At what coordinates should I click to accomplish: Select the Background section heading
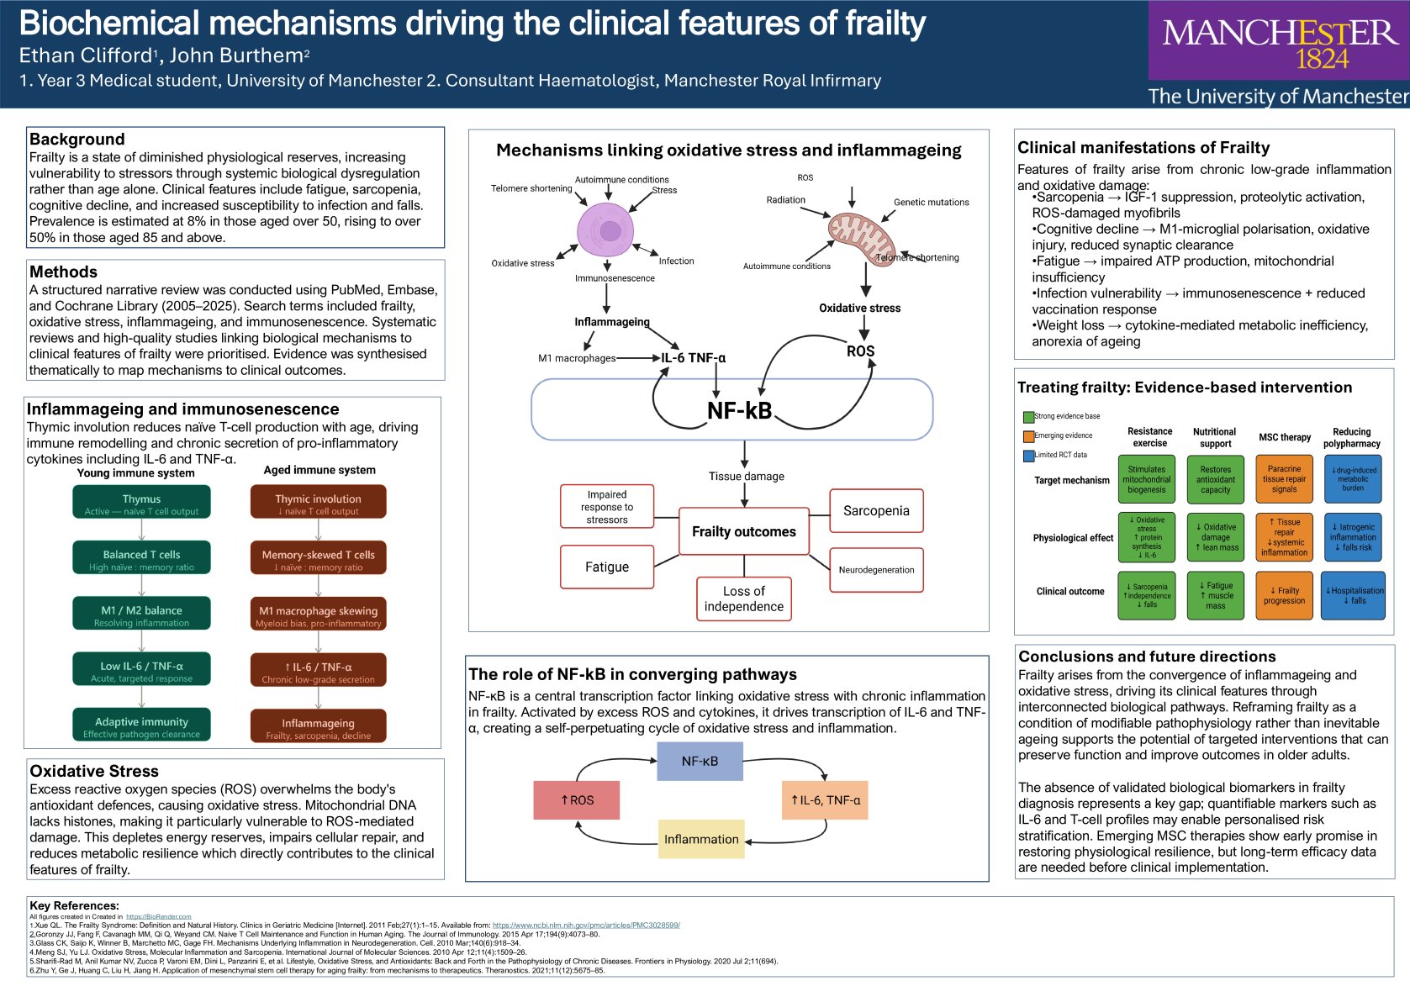pos(77,140)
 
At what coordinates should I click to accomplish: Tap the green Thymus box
pos(141,503)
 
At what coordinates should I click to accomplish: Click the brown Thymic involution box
pos(318,503)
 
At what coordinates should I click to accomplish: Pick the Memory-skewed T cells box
pos(318,559)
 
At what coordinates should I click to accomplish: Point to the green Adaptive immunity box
pos(141,726)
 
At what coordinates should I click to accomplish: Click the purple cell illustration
pos(606,230)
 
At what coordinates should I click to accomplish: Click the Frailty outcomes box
pos(743,531)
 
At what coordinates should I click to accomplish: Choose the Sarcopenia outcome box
pos(876,511)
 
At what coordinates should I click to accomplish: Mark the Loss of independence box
pos(743,599)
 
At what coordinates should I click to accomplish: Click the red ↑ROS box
pos(577,800)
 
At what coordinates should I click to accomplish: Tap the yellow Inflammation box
pos(701,839)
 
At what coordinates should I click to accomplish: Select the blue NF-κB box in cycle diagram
pos(700,761)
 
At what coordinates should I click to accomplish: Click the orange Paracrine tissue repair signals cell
pos(1284,479)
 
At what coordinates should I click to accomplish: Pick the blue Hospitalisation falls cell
pos(1354,595)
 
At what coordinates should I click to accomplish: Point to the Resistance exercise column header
pos(1149,437)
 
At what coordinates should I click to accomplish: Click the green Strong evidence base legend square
pos(1028,417)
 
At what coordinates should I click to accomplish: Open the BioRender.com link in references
pos(158,916)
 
